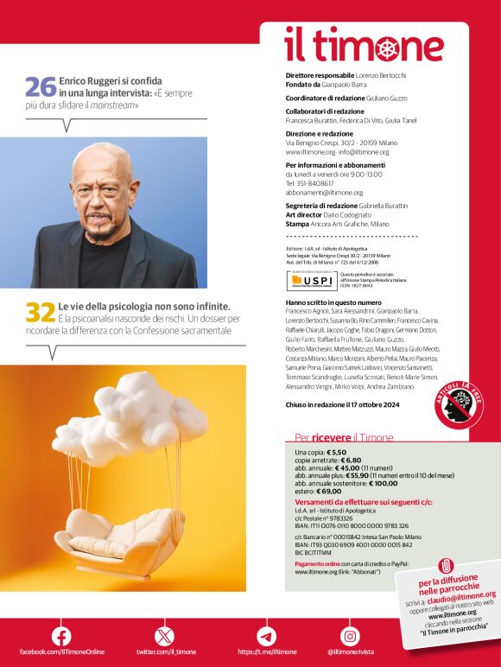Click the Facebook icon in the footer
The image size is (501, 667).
point(61,637)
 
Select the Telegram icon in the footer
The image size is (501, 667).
point(266,637)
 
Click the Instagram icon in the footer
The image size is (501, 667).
point(350,637)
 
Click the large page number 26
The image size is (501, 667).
point(41,87)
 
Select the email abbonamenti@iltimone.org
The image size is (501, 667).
point(325,193)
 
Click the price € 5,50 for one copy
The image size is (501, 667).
point(336,453)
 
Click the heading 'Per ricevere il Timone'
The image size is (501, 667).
point(344,438)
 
